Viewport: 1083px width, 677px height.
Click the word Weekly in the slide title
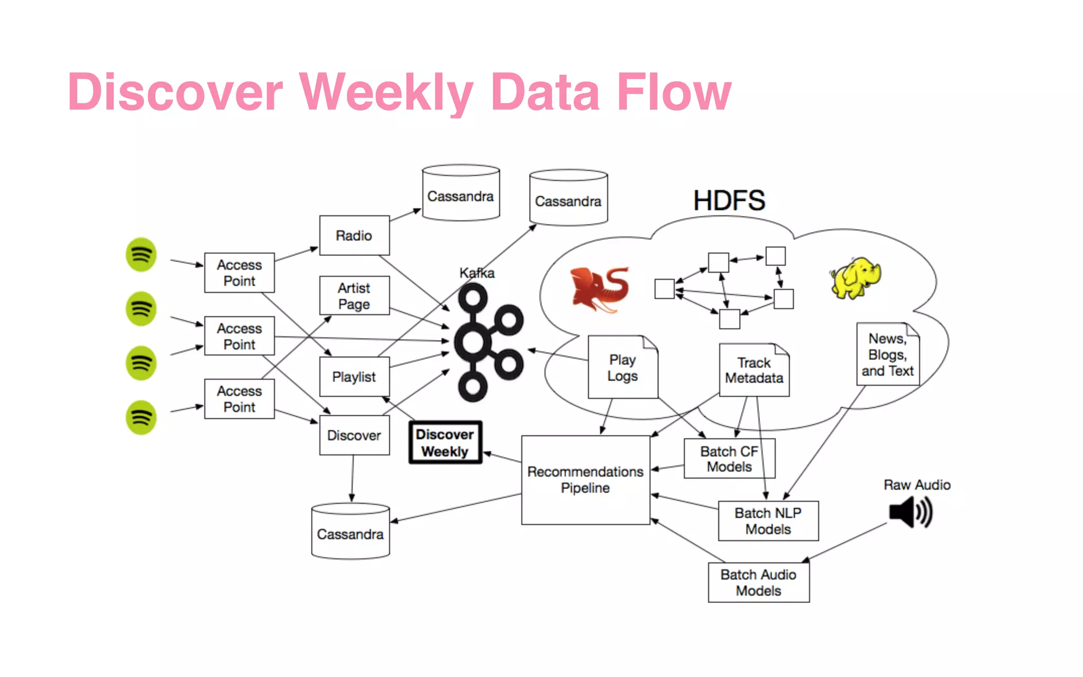pyautogui.click(x=386, y=93)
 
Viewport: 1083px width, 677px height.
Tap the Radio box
pyautogui.click(x=354, y=235)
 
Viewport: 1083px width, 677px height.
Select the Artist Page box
pyautogui.click(x=354, y=296)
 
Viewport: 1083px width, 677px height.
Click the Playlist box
pyautogui.click(x=354, y=377)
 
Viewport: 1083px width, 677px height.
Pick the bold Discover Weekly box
pyautogui.click(x=445, y=443)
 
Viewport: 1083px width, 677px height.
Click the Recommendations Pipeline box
pyautogui.click(x=585, y=480)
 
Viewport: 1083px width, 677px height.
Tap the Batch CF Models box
pyautogui.click(x=729, y=459)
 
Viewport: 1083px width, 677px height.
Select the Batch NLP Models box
pyautogui.click(x=768, y=521)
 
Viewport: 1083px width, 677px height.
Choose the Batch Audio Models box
pyautogui.click(x=758, y=582)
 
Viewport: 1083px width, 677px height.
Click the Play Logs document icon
pyautogui.click(x=622, y=368)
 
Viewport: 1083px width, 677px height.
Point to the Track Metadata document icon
pyautogui.click(x=754, y=370)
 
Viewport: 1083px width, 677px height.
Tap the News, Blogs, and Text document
pyautogui.click(x=888, y=354)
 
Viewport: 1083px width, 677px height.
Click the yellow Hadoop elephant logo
pyautogui.click(x=855, y=278)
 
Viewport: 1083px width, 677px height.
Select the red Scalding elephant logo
pyautogui.click(x=600, y=289)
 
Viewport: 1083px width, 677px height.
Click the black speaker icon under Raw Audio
pyautogui.click(x=910, y=512)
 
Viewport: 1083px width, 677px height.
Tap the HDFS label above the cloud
pyautogui.click(x=729, y=201)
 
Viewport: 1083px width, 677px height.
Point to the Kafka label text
pyautogui.click(x=477, y=273)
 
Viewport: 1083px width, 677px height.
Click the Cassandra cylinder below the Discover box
pyautogui.click(x=351, y=532)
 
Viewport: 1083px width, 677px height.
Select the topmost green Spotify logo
pyautogui.click(x=141, y=255)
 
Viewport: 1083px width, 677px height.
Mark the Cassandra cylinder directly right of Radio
pyautogui.click(x=461, y=194)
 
